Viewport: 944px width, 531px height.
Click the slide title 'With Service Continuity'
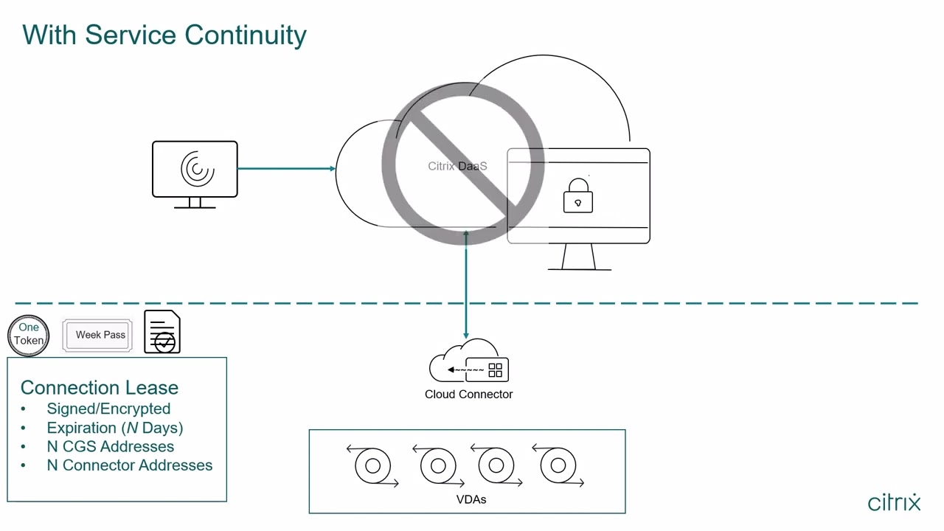(x=164, y=35)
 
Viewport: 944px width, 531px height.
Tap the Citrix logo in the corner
(x=894, y=502)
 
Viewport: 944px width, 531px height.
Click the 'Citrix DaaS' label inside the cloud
(x=457, y=166)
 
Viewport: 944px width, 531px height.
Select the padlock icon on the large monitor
(x=577, y=197)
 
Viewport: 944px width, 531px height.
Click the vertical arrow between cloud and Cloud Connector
(x=466, y=284)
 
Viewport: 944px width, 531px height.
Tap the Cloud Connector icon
(x=469, y=361)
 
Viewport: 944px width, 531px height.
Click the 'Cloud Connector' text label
(x=468, y=394)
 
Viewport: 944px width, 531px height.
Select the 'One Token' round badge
(x=29, y=334)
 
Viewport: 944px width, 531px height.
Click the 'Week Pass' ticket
(x=99, y=335)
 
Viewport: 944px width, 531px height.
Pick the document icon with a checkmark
(x=162, y=333)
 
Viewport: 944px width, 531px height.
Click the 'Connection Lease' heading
(x=100, y=387)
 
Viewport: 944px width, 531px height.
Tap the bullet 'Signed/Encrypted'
(x=108, y=409)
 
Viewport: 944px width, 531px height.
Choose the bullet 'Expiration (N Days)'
(x=115, y=428)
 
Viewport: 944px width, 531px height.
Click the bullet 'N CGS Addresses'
(x=111, y=446)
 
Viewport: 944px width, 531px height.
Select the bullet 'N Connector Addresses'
(x=130, y=465)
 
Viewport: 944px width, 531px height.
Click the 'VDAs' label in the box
(x=471, y=499)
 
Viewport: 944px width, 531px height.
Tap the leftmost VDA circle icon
(x=372, y=465)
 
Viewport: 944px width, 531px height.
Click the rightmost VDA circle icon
(x=558, y=465)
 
